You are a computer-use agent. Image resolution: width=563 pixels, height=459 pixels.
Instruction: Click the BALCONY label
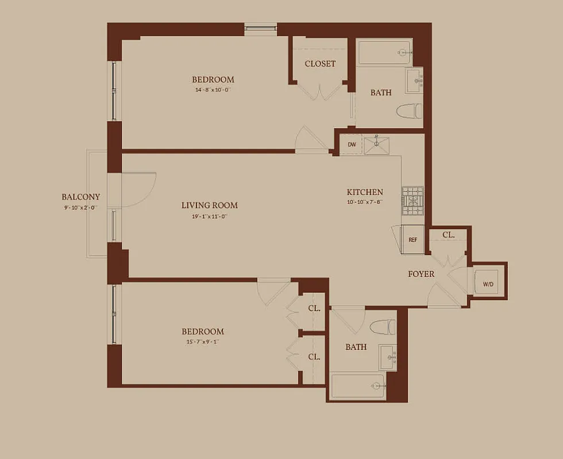[80, 197]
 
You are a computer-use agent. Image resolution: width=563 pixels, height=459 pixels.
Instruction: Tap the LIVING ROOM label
[209, 205]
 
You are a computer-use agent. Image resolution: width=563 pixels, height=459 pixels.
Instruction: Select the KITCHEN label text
[364, 192]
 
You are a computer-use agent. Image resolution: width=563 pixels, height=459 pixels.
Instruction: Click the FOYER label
[421, 274]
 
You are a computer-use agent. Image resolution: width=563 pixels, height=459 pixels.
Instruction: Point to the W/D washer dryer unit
[488, 283]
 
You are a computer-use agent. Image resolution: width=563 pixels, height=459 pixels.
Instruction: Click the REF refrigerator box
[412, 240]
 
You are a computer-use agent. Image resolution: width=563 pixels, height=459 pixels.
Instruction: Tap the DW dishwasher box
[352, 146]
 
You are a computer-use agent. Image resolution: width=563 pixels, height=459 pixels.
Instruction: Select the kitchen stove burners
[412, 201]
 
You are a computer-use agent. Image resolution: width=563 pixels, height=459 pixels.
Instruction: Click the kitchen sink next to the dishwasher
[380, 146]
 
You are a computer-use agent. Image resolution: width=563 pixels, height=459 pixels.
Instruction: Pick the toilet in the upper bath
[410, 110]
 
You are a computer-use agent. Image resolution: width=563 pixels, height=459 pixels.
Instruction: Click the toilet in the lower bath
[383, 327]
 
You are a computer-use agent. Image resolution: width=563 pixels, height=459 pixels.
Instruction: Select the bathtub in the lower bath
[358, 385]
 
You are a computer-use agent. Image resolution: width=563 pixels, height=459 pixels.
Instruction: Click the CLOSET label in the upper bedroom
[320, 64]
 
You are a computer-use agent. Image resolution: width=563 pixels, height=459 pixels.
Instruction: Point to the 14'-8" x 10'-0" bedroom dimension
[213, 90]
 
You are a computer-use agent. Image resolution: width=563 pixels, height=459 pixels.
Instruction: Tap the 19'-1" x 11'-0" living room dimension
[209, 216]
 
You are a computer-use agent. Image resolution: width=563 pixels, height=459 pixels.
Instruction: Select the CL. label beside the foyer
[449, 235]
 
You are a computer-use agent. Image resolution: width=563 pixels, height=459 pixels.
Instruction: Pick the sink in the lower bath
[387, 357]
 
